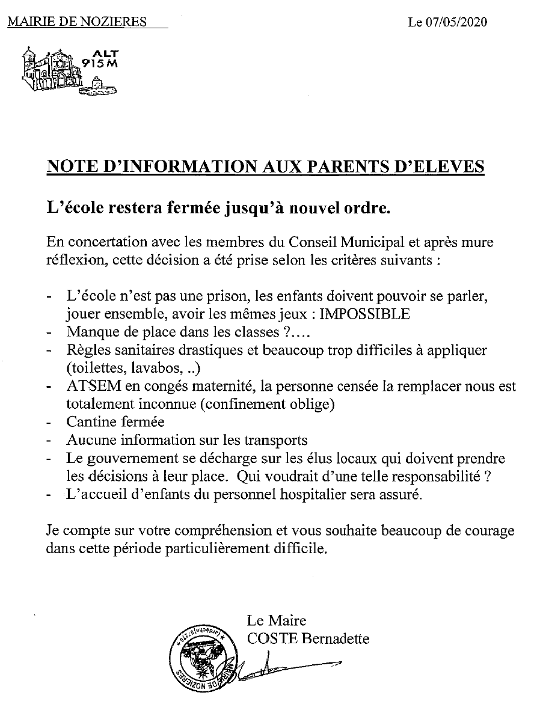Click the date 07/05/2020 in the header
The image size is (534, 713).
click(456, 23)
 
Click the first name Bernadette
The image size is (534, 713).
click(336, 638)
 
